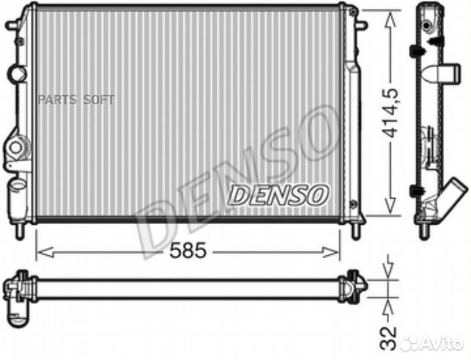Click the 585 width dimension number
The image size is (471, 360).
pos(187,251)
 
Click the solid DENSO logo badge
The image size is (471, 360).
pos(279,195)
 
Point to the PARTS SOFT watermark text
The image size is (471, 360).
pos(76,99)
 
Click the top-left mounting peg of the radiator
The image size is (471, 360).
pos(12,25)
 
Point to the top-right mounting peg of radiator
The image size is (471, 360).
pos(362,25)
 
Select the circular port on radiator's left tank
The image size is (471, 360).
pos(18,73)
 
